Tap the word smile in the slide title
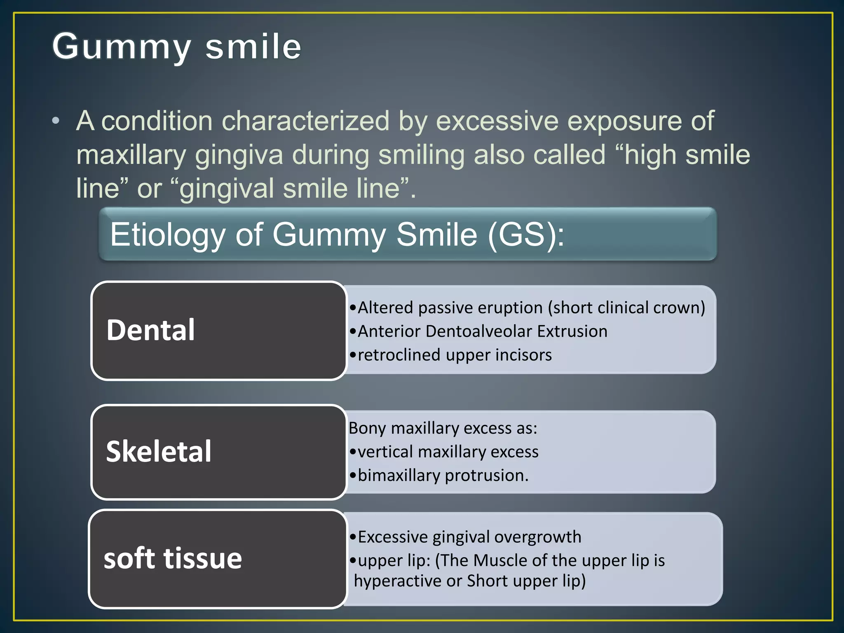pyautogui.click(x=253, y=47)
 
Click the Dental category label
pyautogui.click(x=150, y=331)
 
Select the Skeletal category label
pyautogui.click(x=159, y=452)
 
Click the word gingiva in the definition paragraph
pyautogui.click(x=239, y=155)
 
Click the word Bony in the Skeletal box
pyautogui.click(x=367, y=429)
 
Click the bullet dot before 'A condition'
pyautogui.click(x=56, y=121)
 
